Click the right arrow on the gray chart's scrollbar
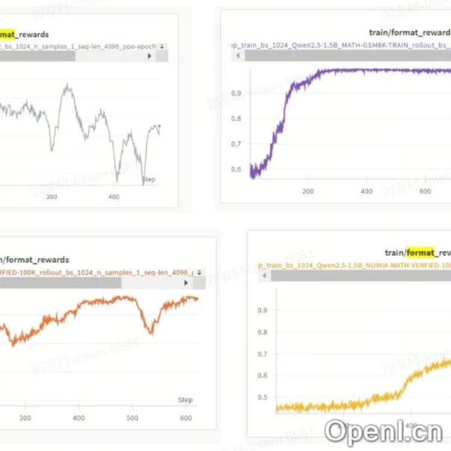pyautogui.click(x=150, y=56)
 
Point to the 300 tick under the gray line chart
pyautogui.click(x=52, y=197)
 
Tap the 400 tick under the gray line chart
pyautogui.click(x=114, y=197)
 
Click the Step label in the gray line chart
pyautogui.click(x=149, y=179)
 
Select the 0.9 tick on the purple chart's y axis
pyautogui.click(x=237, y=93)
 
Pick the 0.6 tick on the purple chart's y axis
pyautogui.click(x=237, y=170)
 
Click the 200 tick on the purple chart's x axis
pyautogui.click(x=308, y=191)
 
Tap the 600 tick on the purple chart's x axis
pyautogui.click(x=425, y=191)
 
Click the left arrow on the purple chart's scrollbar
pyautogui.click(x=238, y=55)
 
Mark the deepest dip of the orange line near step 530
pyautogui.click(x=150, y=333)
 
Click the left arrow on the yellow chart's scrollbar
pyautogui.click(x=265, y=275)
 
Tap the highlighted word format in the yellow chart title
pyautogui.click(x=420, y=253)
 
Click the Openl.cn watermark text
pyautogui.click(x=383, y=431)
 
